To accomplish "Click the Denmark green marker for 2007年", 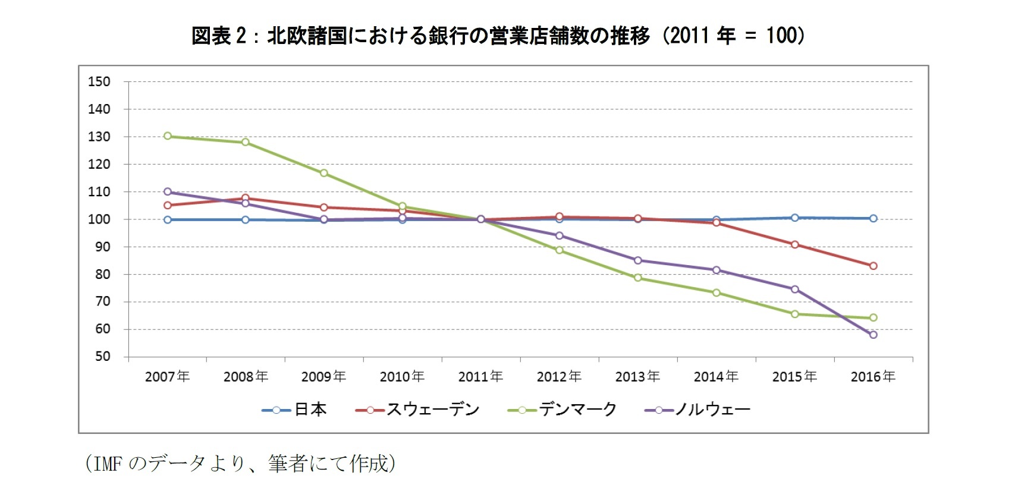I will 168,136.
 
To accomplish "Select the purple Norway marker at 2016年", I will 873,335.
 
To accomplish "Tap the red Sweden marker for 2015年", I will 794,244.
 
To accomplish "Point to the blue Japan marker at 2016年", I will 873,218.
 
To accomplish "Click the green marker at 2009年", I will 324,173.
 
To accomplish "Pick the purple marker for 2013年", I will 637,260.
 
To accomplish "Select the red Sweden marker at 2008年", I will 246,198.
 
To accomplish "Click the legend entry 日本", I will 309,410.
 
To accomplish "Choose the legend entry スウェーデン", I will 432,410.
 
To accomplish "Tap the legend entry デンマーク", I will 577,410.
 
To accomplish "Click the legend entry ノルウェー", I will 712,410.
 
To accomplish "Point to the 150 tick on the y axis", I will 99,82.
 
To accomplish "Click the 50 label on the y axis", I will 102,357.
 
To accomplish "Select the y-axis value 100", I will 99,219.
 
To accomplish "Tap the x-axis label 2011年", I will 480,377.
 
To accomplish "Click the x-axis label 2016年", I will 873,377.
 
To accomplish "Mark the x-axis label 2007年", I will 168,377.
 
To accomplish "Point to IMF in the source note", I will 107,464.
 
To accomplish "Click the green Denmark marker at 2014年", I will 716,292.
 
